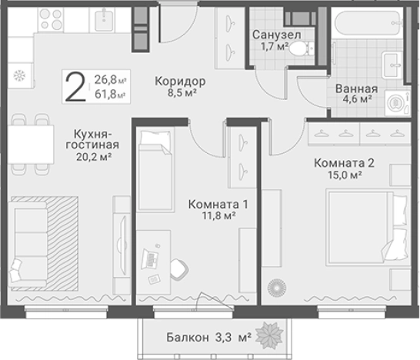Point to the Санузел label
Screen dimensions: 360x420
277,35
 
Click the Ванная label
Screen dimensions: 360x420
355,87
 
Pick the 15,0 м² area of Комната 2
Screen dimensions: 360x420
344,175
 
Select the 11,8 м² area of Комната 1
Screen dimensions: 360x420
217,218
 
